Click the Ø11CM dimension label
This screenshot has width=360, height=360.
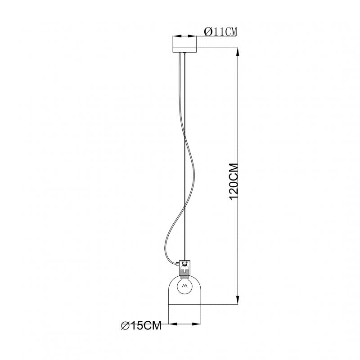[x=220, y=31]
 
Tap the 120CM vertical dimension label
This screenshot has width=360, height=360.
[x=234, y=182]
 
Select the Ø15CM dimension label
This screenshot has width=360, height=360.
[x=141, y=325]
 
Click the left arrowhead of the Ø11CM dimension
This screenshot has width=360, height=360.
[x=177, y=36]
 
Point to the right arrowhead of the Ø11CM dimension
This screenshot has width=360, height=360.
[x=193, y=36]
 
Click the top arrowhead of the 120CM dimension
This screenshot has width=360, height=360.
[x=238, y=52]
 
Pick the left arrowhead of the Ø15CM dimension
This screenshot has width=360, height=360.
[x=173, y=324]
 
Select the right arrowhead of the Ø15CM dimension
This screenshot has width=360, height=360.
[x=196, y=324]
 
